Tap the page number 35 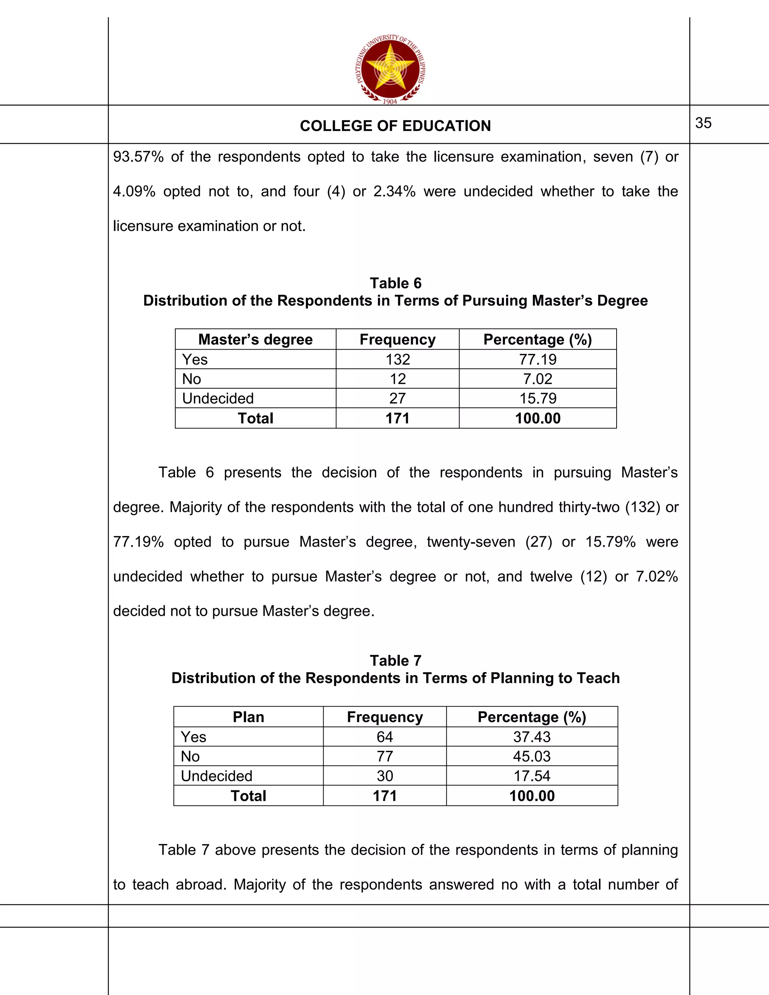pyautogui.click(x=703, y=123)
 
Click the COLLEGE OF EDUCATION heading pyautogui.click(x=395, y=126)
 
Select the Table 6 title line pyautogui.click(x=395, y=283)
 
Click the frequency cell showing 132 pyautogui.click(x=397, y=359)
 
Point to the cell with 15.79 pyautogui.click(x=538, y=398)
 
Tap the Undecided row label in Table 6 pyautogui.click(x=218, y=398)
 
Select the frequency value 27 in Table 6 pyautogui.click(x=397, y=398)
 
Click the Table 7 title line pyautogui.click(x=395, y=660)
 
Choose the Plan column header pyautogui.click(x=248, y=717)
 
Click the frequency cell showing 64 pyautogui.click(x=384, y=737)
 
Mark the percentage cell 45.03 pyautogui.click(x=532, y=756)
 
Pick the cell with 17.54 pyautogui.click(x=532, y=776)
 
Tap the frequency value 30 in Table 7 pyautogui.click(x=384, y=776)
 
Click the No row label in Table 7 pyautogui.click(x=190, y=756)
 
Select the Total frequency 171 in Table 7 pyautogui.click(x=384, y=796)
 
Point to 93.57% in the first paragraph pyautogui.click(x=138, y=157)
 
